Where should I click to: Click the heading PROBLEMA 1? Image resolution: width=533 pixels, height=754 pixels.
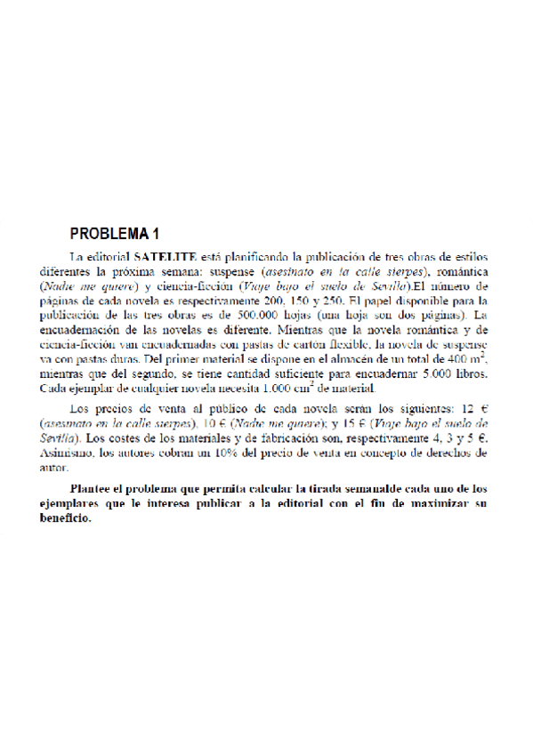pos(115,235)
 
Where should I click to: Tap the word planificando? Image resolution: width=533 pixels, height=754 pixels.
pos(257,257)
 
